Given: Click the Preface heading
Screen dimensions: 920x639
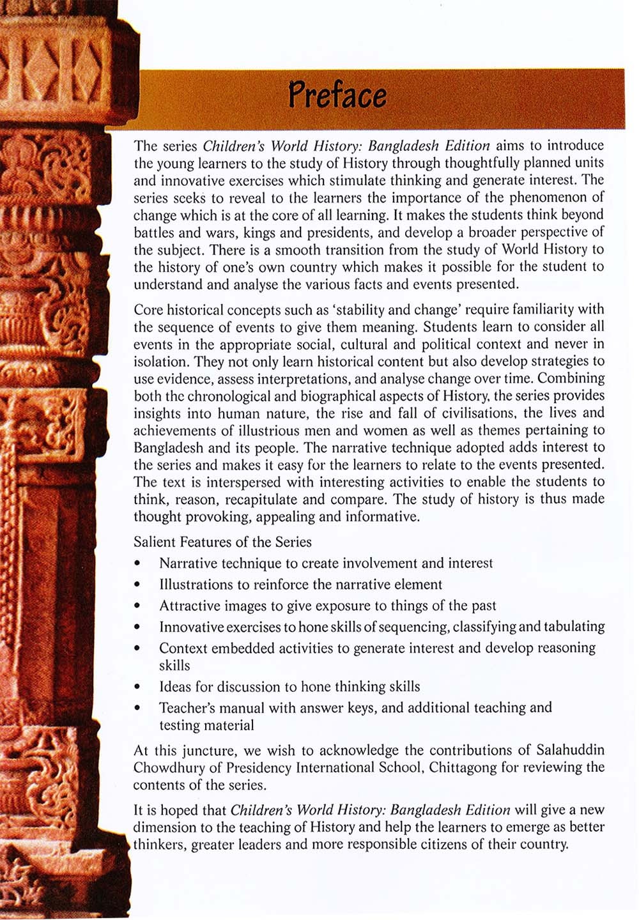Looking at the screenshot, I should click(337, 95).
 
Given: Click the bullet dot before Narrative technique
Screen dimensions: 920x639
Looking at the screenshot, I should click(137, 563).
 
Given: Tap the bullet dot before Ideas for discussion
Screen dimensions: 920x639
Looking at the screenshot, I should click(137, 687).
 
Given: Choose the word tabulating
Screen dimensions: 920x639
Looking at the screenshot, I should click(574, 627).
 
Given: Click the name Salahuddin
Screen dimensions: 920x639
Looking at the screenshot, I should click(570, 750).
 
